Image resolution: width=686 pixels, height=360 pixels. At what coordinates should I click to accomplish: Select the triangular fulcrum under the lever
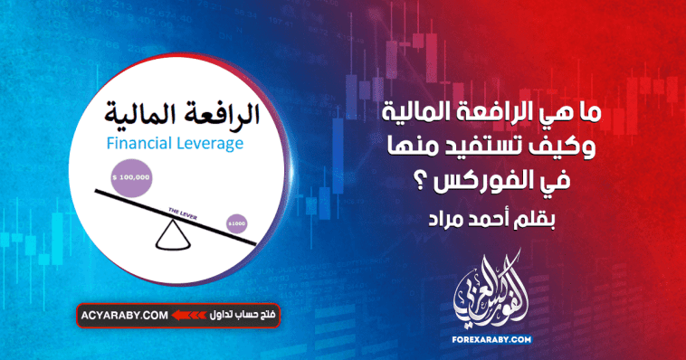(173, 234)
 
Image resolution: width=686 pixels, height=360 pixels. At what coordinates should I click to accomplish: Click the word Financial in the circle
(142, 142)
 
